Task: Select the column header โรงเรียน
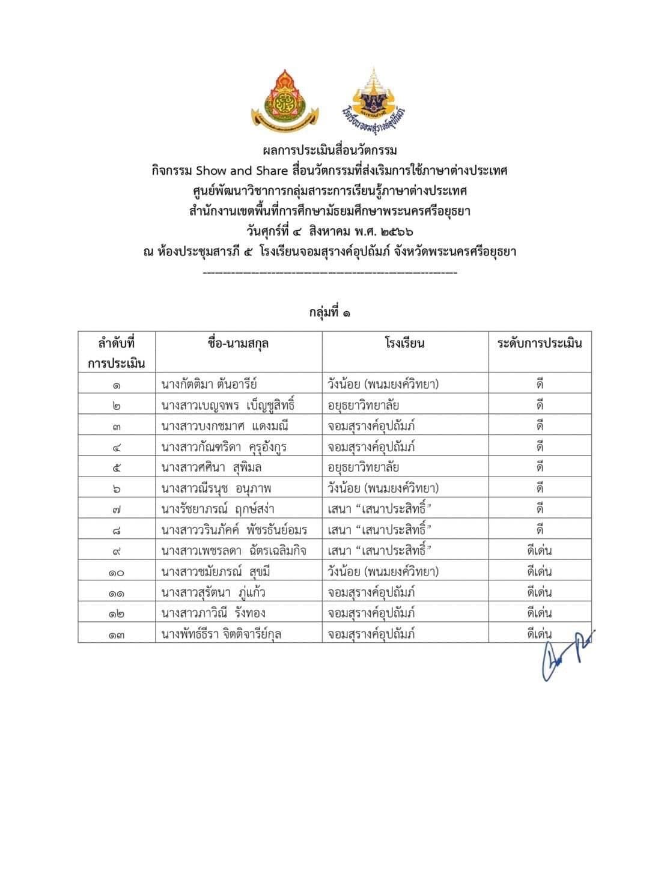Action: (x=405, y=344)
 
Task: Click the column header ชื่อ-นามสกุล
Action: (x=238, y=344)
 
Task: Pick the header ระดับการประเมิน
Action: (x=540, y=344)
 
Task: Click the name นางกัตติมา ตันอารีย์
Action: (x=209, y=384)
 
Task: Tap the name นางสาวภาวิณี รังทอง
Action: (x=213, y=613)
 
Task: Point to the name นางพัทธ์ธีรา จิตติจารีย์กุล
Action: (x=222, y=634)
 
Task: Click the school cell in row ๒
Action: (x=364, y=406)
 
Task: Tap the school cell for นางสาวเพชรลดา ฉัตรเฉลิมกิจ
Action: (x=380, y=550)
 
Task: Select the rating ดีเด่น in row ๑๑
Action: (x=539, y=592)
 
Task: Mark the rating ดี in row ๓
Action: (x=540, y=426)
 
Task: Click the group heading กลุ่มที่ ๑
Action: (x=330, y=313)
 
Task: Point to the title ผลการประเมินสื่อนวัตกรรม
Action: (x=330, y=150)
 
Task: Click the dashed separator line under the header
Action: (x=330, y=273)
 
